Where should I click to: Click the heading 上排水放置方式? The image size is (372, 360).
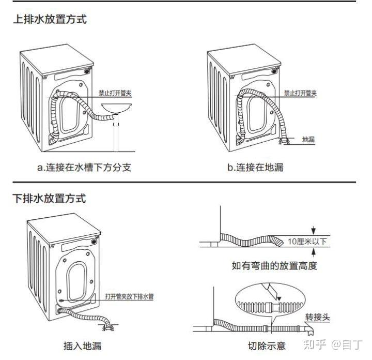(50, 20)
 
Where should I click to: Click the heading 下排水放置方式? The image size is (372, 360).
(50, 198)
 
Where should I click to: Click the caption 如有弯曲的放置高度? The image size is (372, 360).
(274, 266)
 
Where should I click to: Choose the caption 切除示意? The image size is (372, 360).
(267, 346)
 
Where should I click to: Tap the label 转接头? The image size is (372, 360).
(317, 317)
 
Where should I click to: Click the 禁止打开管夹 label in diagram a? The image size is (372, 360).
(116, 94)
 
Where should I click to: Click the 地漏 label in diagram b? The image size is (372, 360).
(308, 139)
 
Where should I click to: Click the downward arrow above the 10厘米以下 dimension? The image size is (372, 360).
(314, 231)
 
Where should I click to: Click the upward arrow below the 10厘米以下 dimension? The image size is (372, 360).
(314, 252)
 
